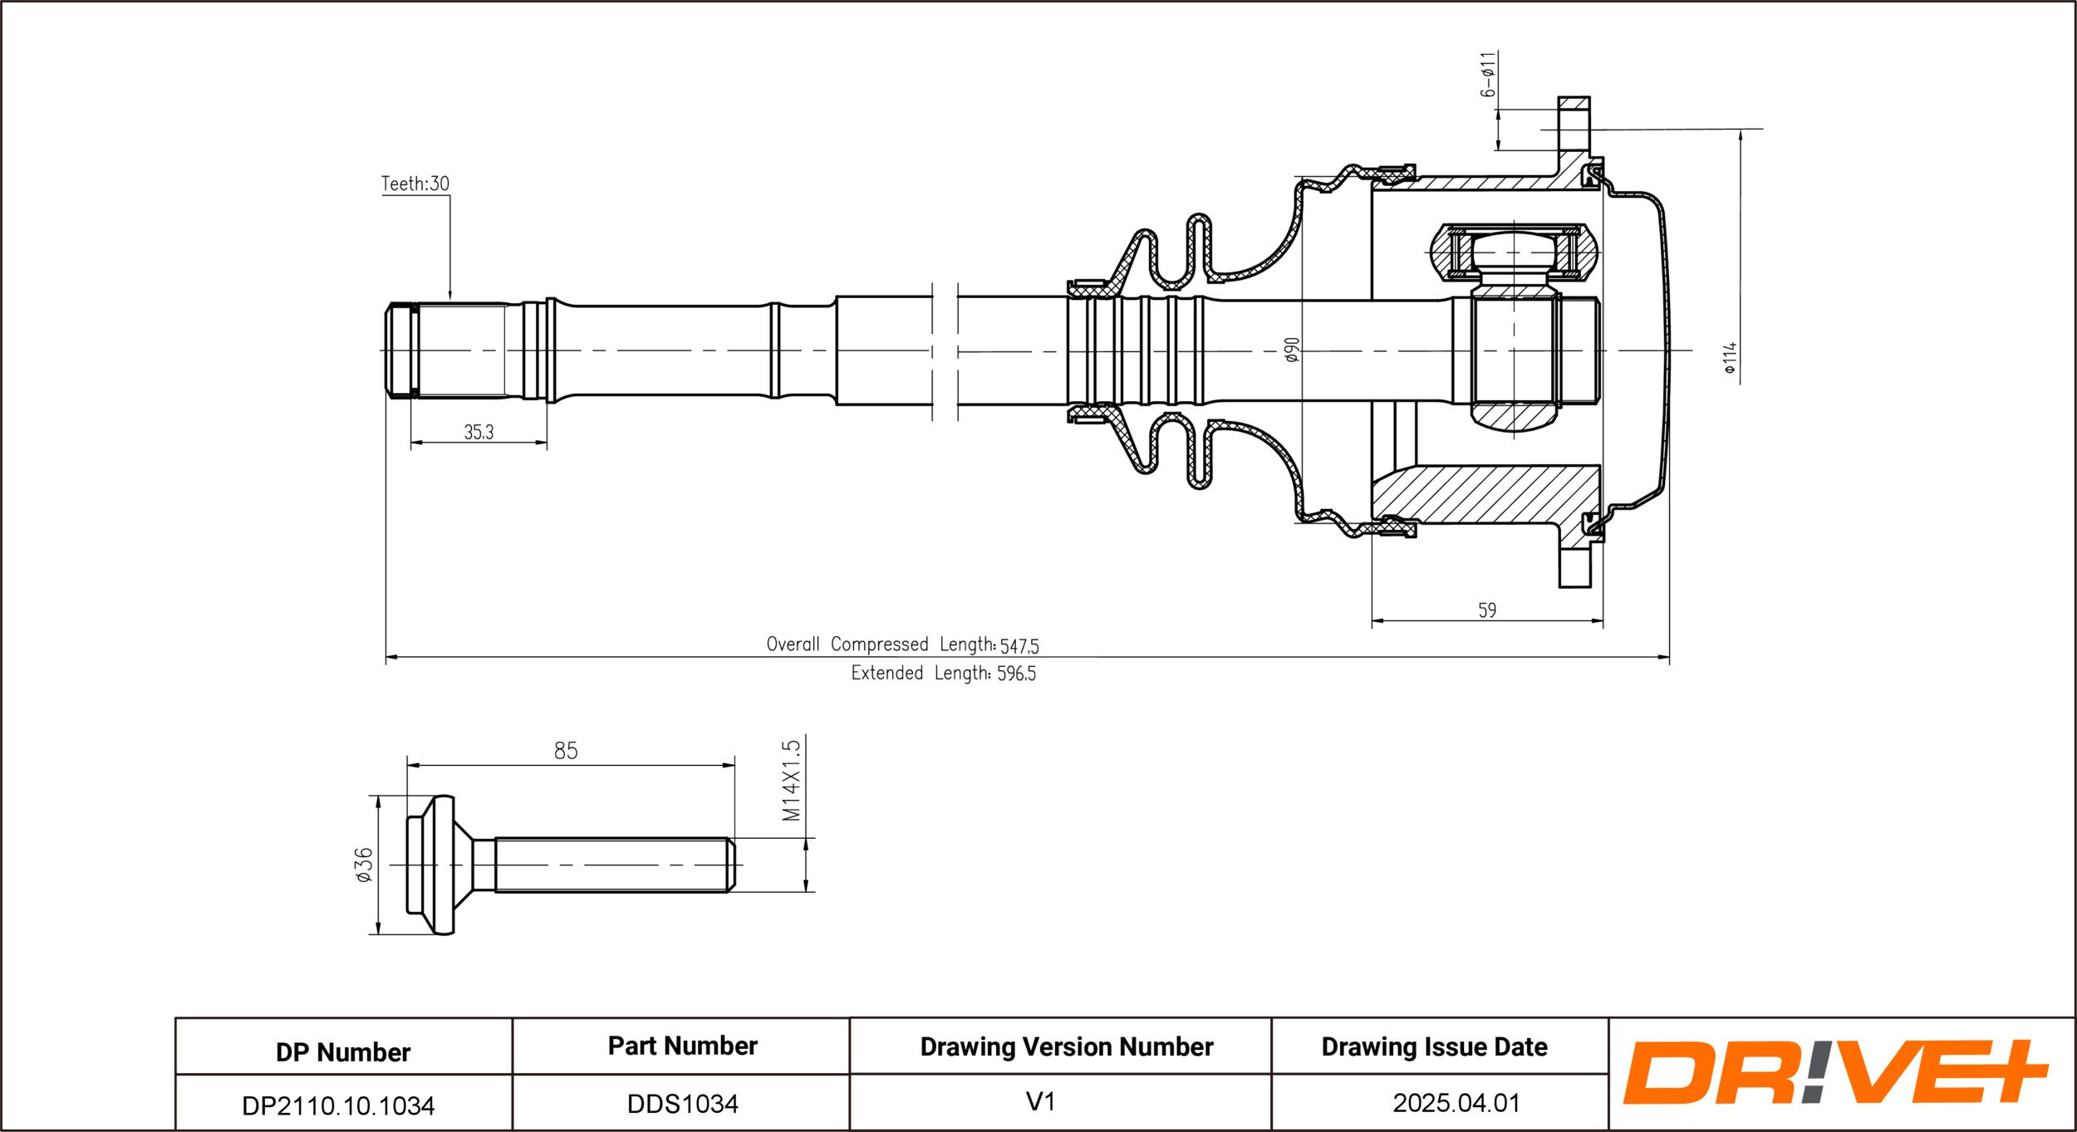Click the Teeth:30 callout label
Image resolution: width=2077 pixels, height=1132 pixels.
pos(415,184)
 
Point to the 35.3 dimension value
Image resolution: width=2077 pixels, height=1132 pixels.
pos(479,432)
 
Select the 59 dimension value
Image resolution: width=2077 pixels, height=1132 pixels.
pos(1487,610)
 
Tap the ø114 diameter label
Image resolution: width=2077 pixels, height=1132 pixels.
pos(1731,358)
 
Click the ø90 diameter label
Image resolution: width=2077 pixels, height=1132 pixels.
pos(1291,350)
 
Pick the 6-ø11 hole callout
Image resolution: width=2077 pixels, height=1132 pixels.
pos(1488,74)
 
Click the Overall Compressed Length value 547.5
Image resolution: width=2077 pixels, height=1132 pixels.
pos(1019,645)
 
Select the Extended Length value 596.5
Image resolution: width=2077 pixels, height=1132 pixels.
pos(1016,674)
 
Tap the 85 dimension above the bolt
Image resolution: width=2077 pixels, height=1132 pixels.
pos(566,751)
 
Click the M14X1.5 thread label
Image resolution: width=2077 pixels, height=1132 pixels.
pos(791,780)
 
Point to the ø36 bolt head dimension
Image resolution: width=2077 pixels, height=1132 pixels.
pos(364,865)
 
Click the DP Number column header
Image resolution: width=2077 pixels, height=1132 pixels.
pos(343,1052)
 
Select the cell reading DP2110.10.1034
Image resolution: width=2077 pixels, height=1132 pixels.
pos(338,1105)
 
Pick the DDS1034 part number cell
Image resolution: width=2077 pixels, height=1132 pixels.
pos(682,1104)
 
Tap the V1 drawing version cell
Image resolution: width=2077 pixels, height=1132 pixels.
pos(1040,1102)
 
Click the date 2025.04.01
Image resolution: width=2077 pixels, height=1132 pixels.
pos(1456,1103)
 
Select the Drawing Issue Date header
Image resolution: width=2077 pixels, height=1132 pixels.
pos(1434,1047)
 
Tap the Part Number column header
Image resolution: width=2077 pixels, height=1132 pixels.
pos(682,1046)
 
